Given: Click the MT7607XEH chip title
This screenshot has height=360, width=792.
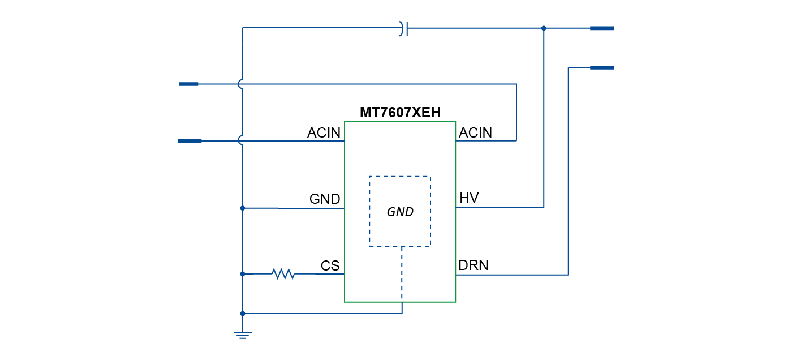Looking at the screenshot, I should point(399,113).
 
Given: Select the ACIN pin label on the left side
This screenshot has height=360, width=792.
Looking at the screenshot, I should point(324,133).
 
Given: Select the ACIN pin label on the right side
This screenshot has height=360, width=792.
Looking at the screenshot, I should point(475,133).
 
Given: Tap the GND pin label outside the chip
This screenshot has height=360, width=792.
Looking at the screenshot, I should point(325,199).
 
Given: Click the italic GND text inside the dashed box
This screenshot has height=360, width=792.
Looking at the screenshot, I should point(400,212).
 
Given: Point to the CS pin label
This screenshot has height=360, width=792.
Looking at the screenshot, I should point(330,266).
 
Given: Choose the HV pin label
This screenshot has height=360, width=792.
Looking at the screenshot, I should point(469,198).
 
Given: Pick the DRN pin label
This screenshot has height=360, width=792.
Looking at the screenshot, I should point(474,265).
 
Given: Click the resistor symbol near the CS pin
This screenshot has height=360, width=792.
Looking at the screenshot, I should point(283,274).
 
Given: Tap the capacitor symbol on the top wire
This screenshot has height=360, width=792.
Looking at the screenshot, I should point(403,28).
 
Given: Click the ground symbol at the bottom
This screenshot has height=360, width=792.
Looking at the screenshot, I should point(243,335).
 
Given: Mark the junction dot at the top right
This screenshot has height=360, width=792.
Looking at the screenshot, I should point(544,28).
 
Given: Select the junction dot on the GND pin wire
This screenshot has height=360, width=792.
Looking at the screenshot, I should point(243,208).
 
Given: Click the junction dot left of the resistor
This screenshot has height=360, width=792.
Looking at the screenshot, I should point(243,274).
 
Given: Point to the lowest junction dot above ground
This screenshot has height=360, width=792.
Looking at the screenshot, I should point(243,314).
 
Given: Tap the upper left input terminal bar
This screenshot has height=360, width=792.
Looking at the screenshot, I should point(188,84).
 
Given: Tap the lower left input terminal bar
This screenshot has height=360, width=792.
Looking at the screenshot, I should point(190,141).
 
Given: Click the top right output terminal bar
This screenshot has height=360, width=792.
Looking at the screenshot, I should point(601,28).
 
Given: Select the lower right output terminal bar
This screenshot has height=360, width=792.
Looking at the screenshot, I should point(601,68).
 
